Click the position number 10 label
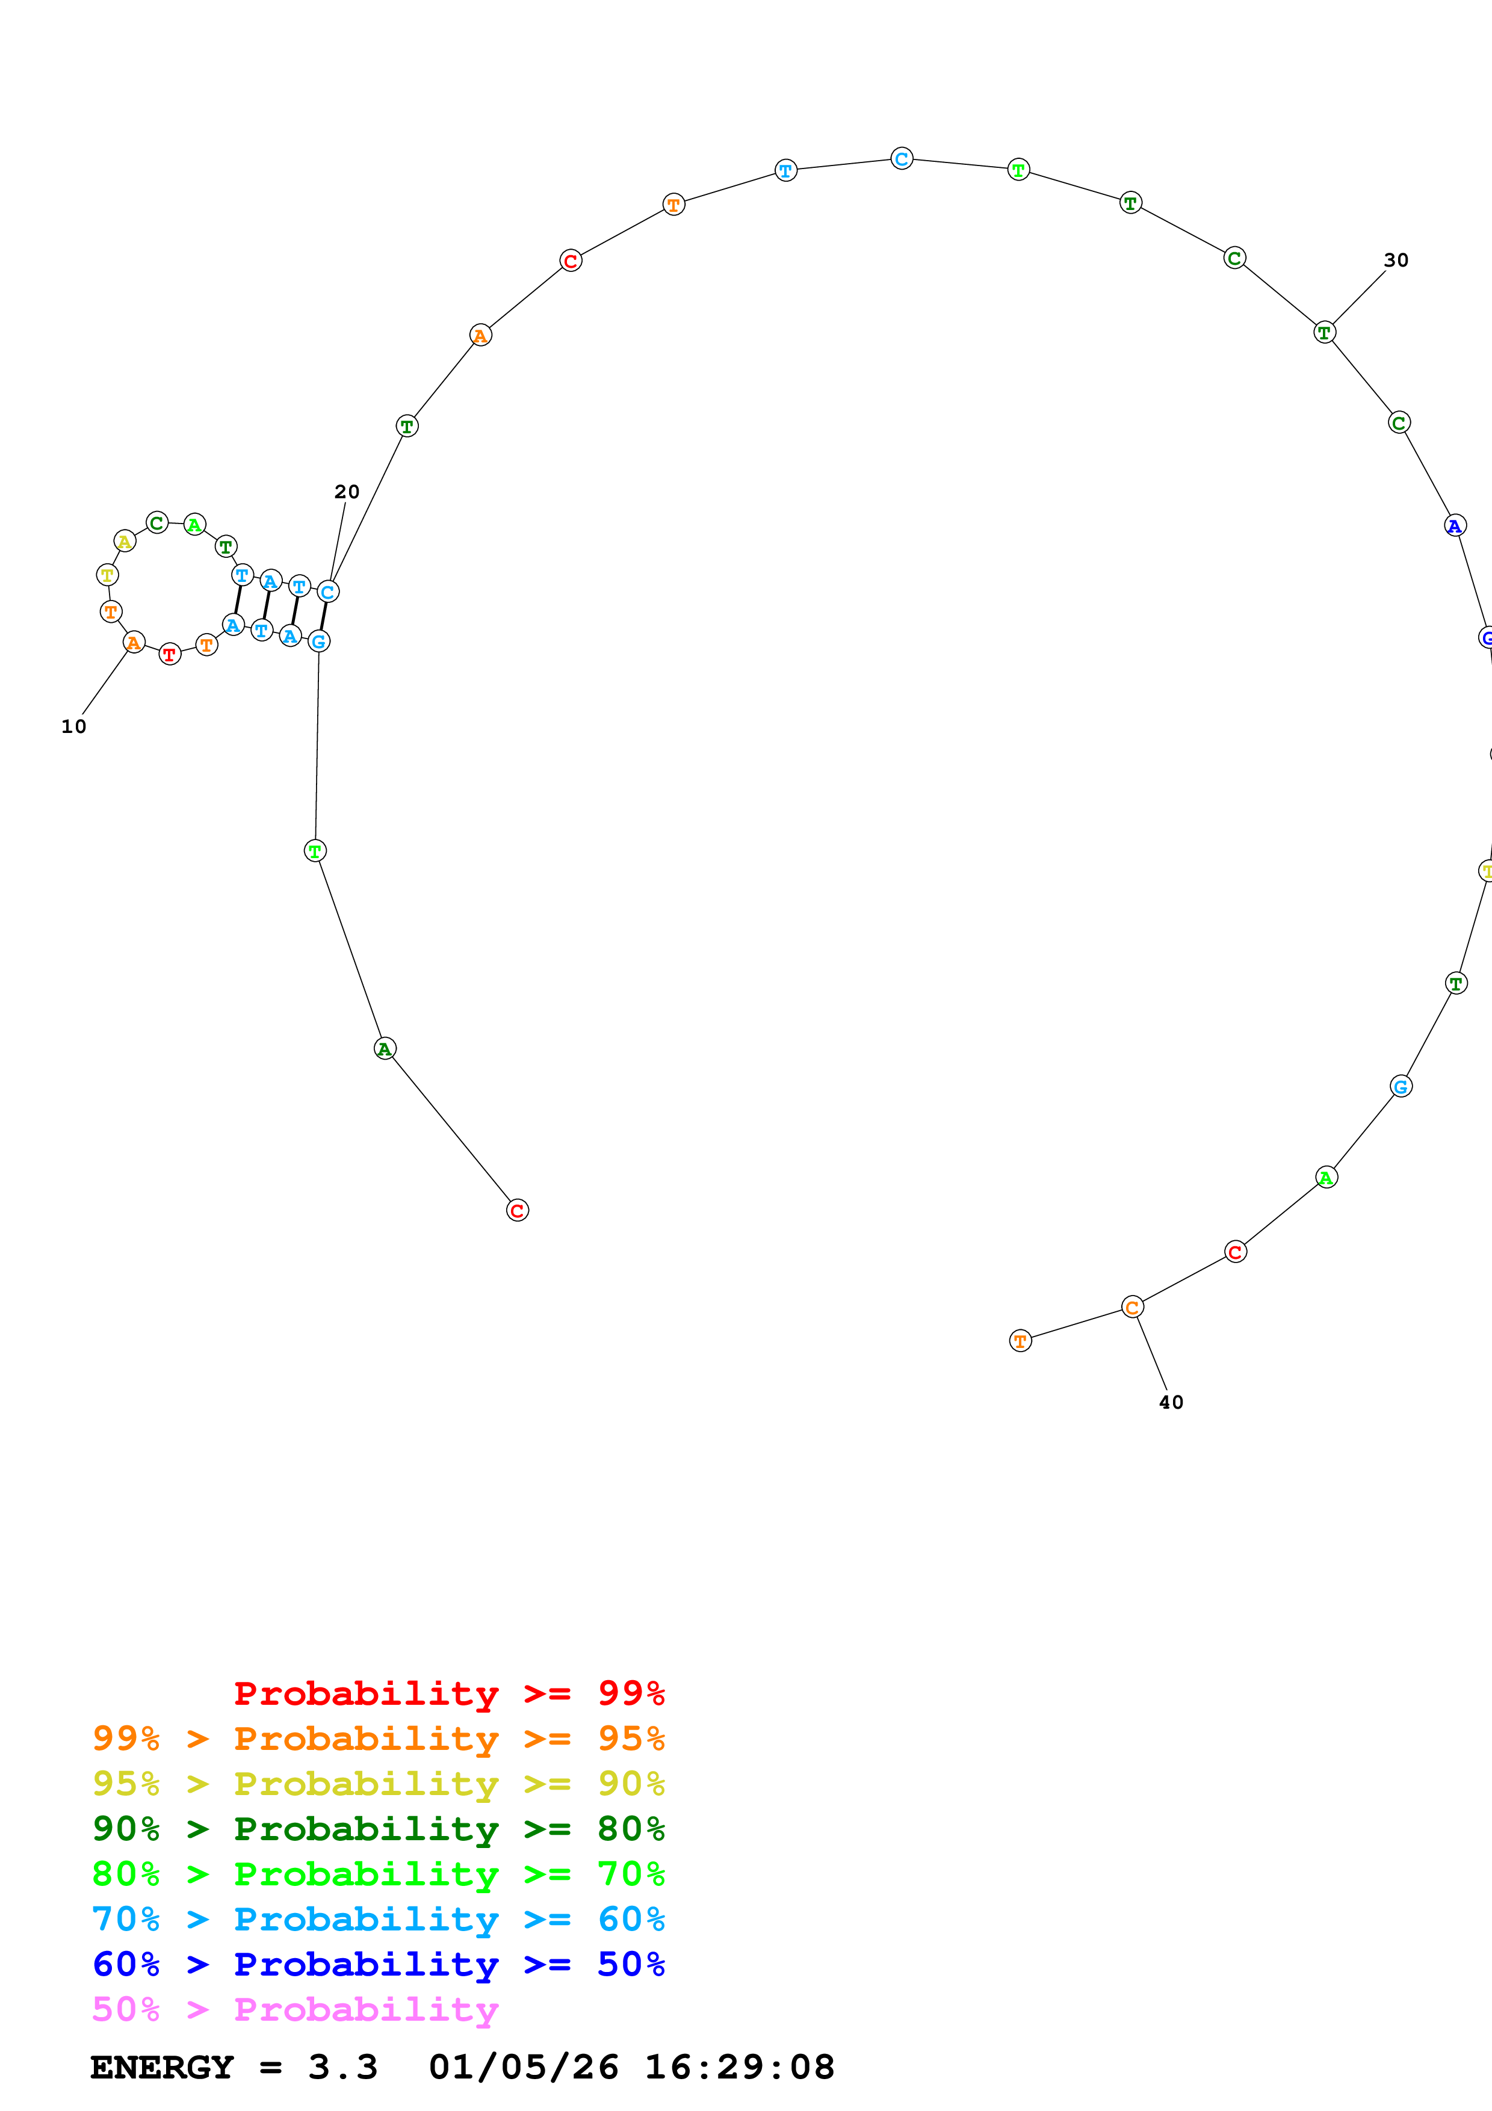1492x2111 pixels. click(73, 726)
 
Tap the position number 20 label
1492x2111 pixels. click(347, 492)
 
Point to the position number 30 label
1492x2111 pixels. click(1396, 260)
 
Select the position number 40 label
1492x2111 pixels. click(1170, 1402)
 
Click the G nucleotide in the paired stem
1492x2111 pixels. click(318, 641)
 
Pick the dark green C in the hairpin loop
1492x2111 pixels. click(157, 523)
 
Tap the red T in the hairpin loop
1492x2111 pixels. click(169, 655)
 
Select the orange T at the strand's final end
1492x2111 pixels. click(1020, 1341)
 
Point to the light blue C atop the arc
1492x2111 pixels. click(902, 158)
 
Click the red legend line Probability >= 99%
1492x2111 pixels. click(448, 1693)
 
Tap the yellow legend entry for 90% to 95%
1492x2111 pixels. click(378, 1783)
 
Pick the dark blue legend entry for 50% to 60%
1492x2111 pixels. click(378, 1964)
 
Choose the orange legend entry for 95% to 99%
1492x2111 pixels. click(378, 1738)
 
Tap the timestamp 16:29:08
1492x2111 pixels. click(739, 2067)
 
